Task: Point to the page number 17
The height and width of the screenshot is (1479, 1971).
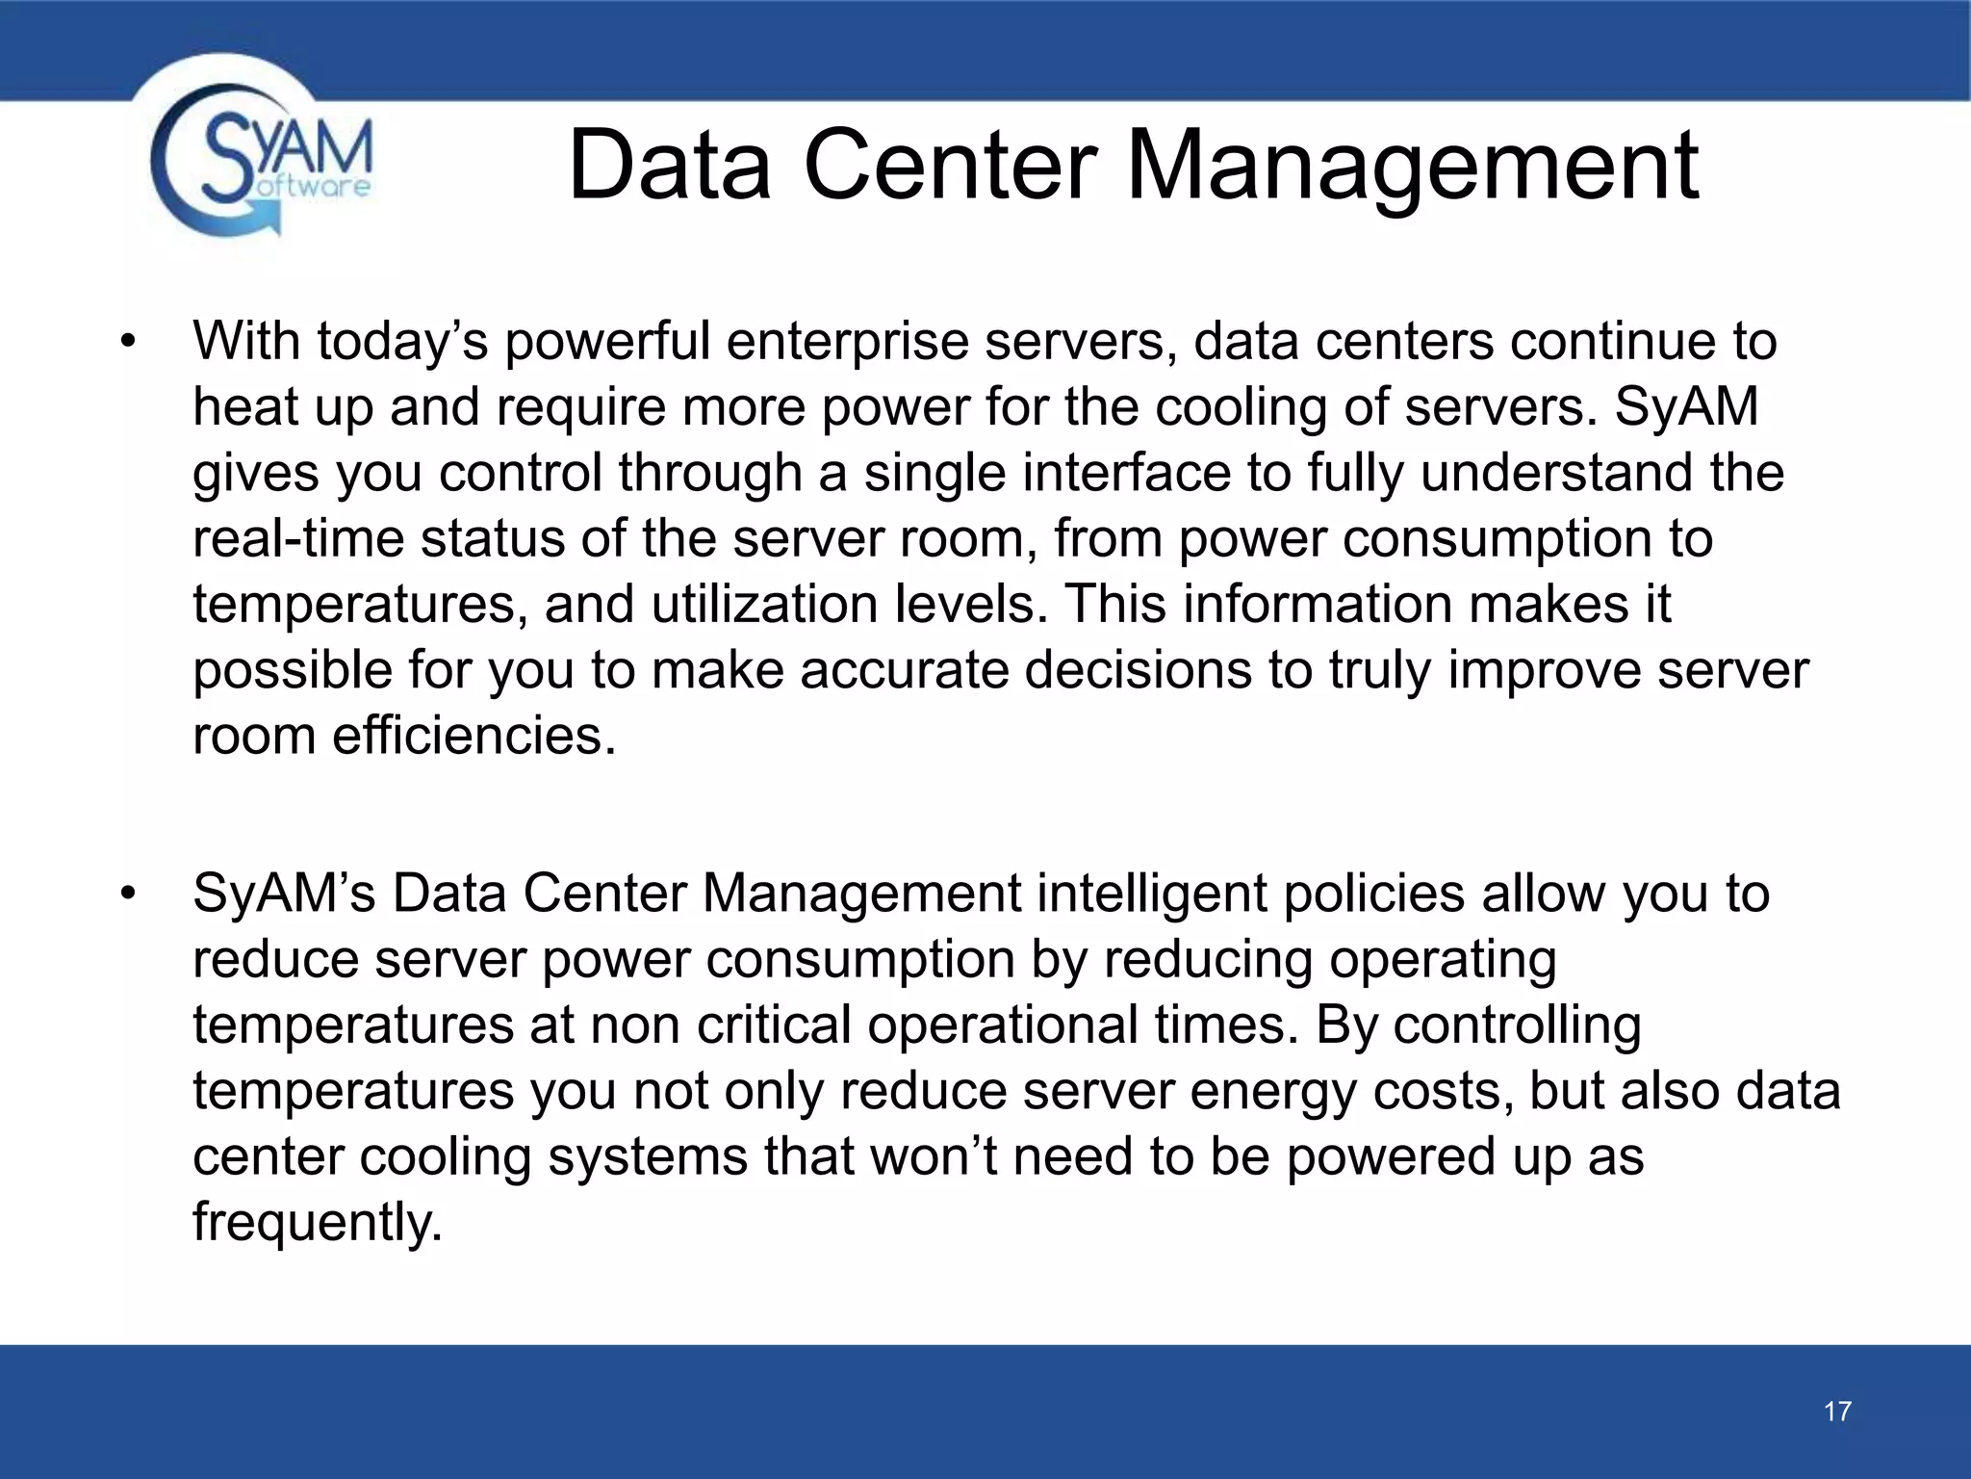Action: click(1837, 1412)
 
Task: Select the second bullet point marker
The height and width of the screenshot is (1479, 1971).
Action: click(129, 895)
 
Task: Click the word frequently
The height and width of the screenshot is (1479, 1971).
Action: click(318, 1223)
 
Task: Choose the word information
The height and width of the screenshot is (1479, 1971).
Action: click(1318, 605)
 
